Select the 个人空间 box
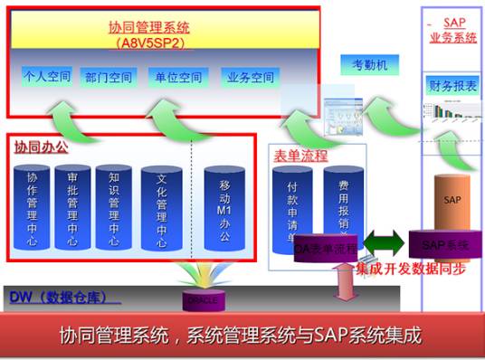coord(46,76)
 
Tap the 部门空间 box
coord(108,77)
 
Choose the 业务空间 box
coord(249,77)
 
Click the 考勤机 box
coord(370,65)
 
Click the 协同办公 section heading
coord(40,145)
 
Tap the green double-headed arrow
coord(383,243)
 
